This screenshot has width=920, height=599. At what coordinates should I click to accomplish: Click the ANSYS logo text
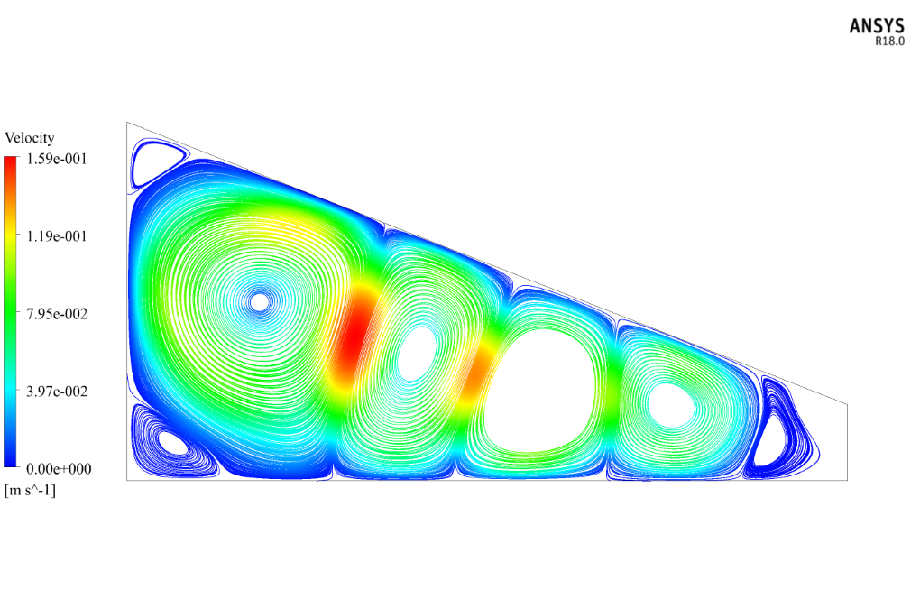(877, 26)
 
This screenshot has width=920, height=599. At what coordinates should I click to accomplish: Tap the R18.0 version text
(889, 41)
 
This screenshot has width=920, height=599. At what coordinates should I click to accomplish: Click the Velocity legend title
(30, 138)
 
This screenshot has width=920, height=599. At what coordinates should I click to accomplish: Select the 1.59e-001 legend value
(56, 159)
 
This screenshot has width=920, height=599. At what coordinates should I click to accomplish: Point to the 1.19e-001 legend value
(56, 235)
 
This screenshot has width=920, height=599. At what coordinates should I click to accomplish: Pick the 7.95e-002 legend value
(56, 313)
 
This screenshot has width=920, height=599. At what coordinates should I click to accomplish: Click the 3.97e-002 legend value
(56, 391)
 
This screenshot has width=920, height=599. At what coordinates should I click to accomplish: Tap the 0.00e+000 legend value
(59, 468)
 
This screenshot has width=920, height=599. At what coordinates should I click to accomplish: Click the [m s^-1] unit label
(30, 490)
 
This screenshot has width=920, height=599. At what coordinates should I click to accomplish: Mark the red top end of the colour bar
(11, 160)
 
